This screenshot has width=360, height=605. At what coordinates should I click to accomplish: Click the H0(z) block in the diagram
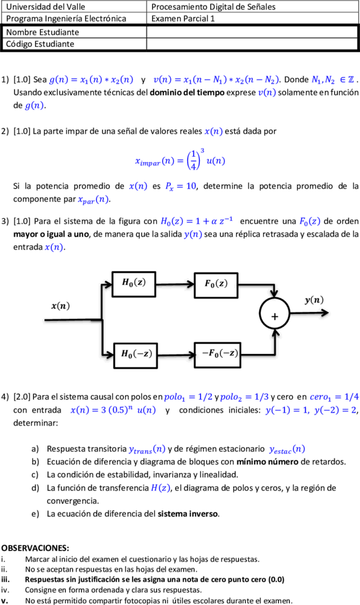[x=134, y=284]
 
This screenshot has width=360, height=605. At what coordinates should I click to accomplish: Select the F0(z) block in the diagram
[x=216, y=285]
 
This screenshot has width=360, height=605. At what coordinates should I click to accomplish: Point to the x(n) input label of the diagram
[x=60, y=307]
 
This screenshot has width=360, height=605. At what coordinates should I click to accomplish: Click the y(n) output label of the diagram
[x=314, y=300]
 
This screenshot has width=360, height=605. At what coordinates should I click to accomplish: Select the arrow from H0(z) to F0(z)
[x=175, y=284]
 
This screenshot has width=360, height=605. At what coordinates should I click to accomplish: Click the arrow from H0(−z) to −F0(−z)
[x=176, y=355]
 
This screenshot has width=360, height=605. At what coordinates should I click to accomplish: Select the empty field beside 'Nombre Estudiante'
[x=252, y=32]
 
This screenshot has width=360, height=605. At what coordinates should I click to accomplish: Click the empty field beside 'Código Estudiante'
[x=252, y=44]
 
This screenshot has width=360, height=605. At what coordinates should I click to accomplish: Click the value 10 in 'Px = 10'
[x=191, y=186]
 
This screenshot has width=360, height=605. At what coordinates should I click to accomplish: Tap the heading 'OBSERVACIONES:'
[x=35, y=548]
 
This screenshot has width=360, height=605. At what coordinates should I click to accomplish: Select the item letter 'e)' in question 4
[x=35, y=514]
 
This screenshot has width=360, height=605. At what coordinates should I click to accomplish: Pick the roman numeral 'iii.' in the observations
[x=6, y=580]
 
